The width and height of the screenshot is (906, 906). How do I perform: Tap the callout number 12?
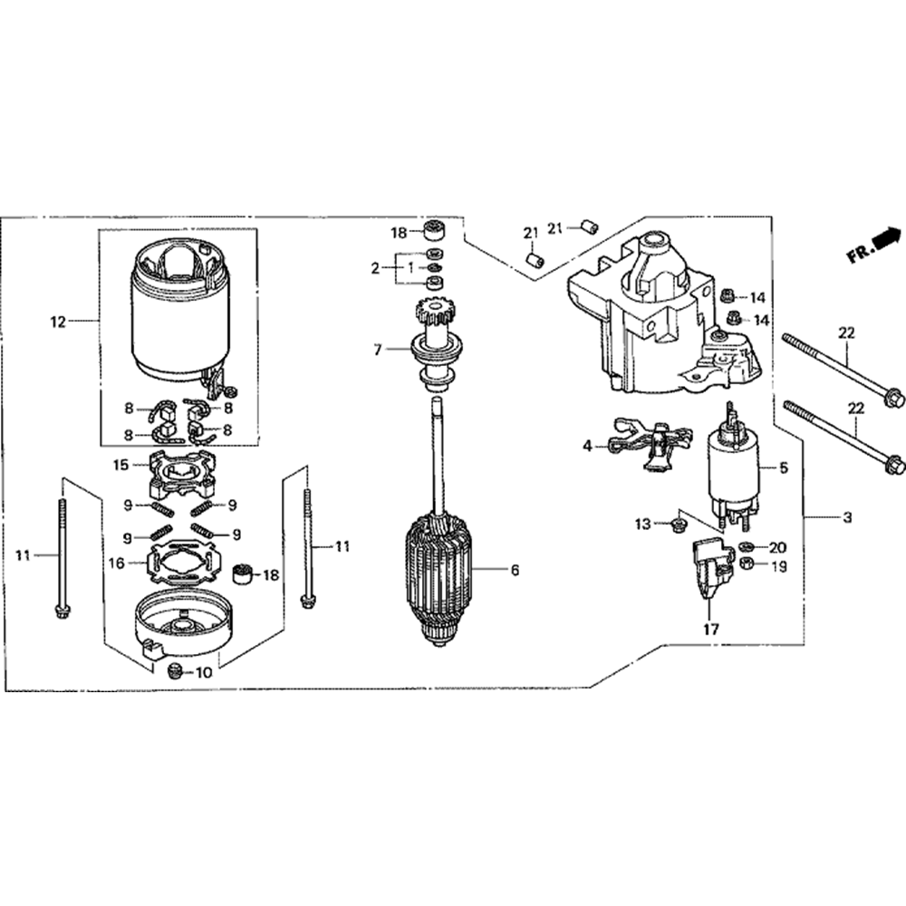click(x=58, y=322)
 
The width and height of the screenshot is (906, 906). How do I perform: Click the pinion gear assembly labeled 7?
click(x=438, y=349)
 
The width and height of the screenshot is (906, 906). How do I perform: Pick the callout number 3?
click(x=847, y=518)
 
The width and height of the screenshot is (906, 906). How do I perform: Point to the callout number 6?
click(x=515, y=571)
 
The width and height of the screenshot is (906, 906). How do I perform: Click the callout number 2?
click(x=374, y=268)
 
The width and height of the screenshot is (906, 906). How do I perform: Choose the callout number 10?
click(x=204, y=672)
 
